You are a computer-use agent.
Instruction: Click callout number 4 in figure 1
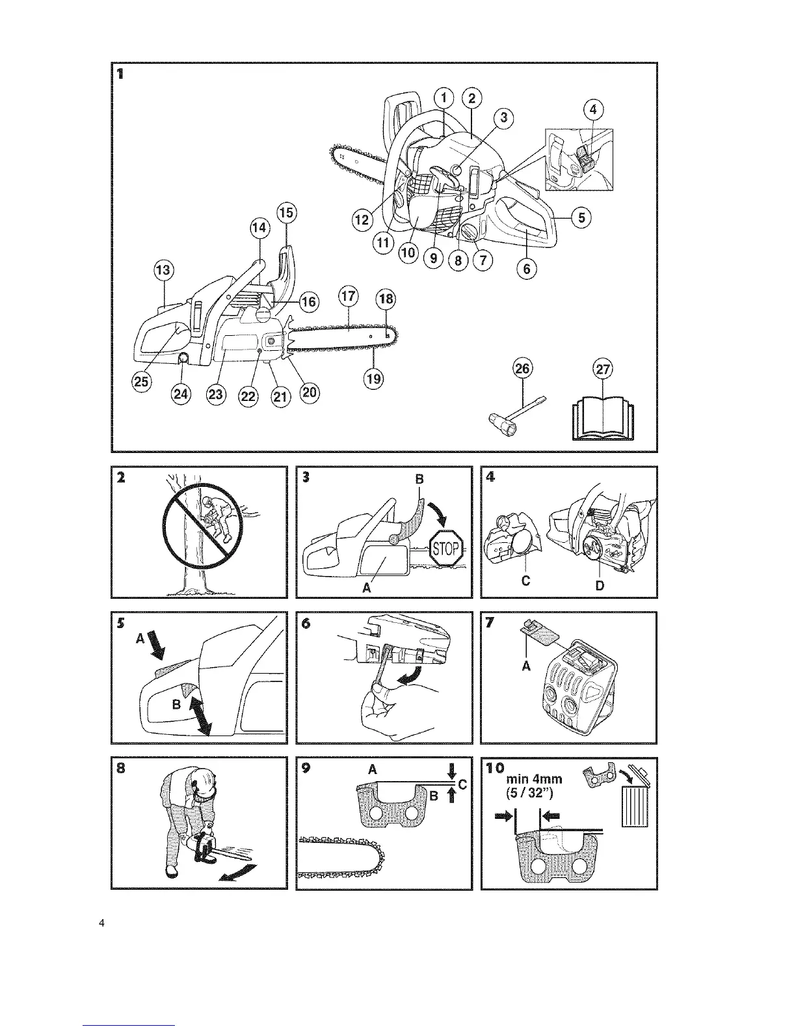click(x=592, y=109)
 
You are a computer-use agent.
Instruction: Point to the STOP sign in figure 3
click(x=446, y=550)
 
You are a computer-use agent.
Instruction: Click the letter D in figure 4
click(x=600, y=585)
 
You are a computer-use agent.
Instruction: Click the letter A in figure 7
click(x=527, y=666)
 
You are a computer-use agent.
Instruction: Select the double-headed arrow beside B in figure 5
click(x=200, y=713)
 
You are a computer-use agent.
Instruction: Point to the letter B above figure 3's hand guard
click(x=419, y=479)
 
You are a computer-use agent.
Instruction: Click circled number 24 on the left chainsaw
click(x=182, y=392)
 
